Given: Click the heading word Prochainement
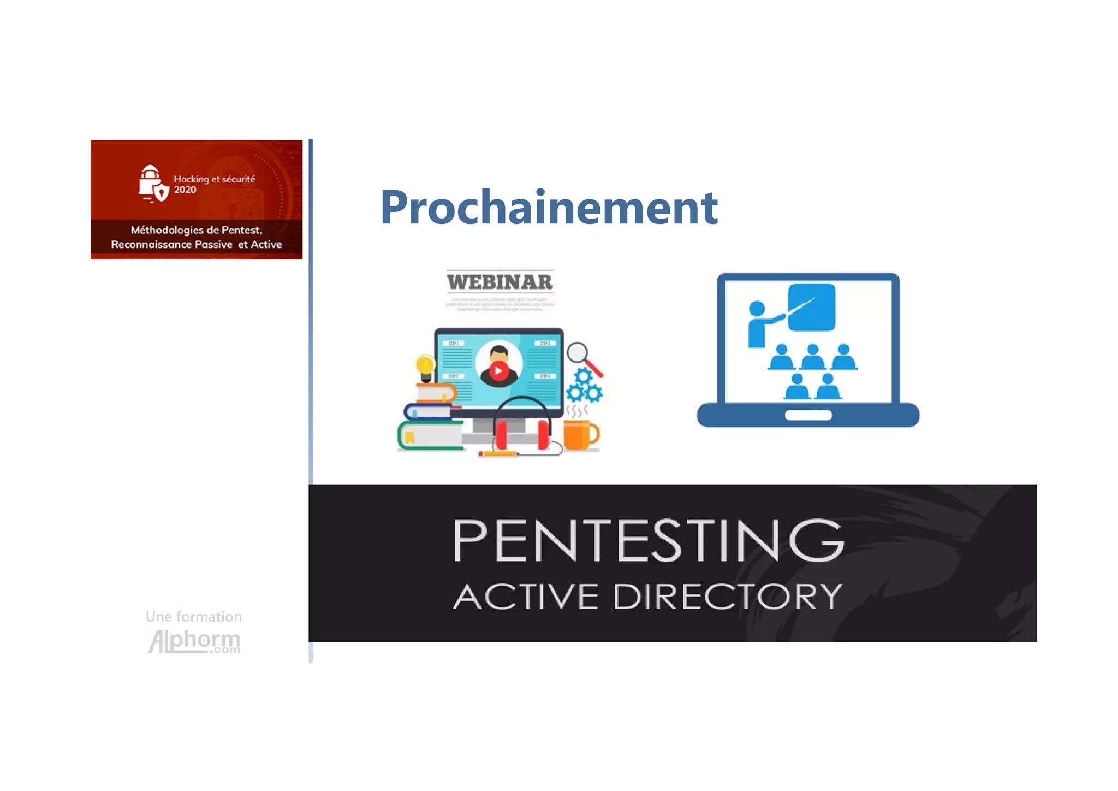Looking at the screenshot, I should point(548,207).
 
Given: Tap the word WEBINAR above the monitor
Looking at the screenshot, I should point(499,282).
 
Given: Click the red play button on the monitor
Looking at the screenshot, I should point(498,371).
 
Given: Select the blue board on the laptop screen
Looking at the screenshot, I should point(812,307).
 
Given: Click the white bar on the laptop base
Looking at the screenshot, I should point(808,415).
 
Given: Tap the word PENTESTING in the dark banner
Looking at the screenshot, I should point(648,540).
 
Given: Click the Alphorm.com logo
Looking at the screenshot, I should point(194,641).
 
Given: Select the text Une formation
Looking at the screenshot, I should point(194,617).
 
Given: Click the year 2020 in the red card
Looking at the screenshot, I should point(185,190).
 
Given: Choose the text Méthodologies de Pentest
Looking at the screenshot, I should point(197,230).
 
